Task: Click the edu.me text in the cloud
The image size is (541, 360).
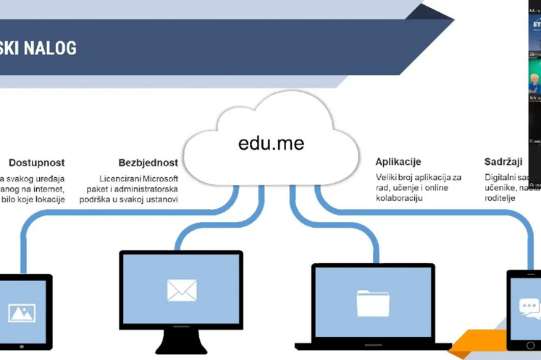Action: click(271, 142)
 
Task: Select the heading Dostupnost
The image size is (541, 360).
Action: click(37, 163)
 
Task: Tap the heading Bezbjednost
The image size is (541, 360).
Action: click(148, 163)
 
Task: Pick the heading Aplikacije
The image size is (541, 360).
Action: click(398, 162)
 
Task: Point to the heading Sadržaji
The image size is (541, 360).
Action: click(503, 162)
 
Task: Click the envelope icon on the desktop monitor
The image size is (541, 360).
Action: click(182, 290)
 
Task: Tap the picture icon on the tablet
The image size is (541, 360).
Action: click(22, 312)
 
